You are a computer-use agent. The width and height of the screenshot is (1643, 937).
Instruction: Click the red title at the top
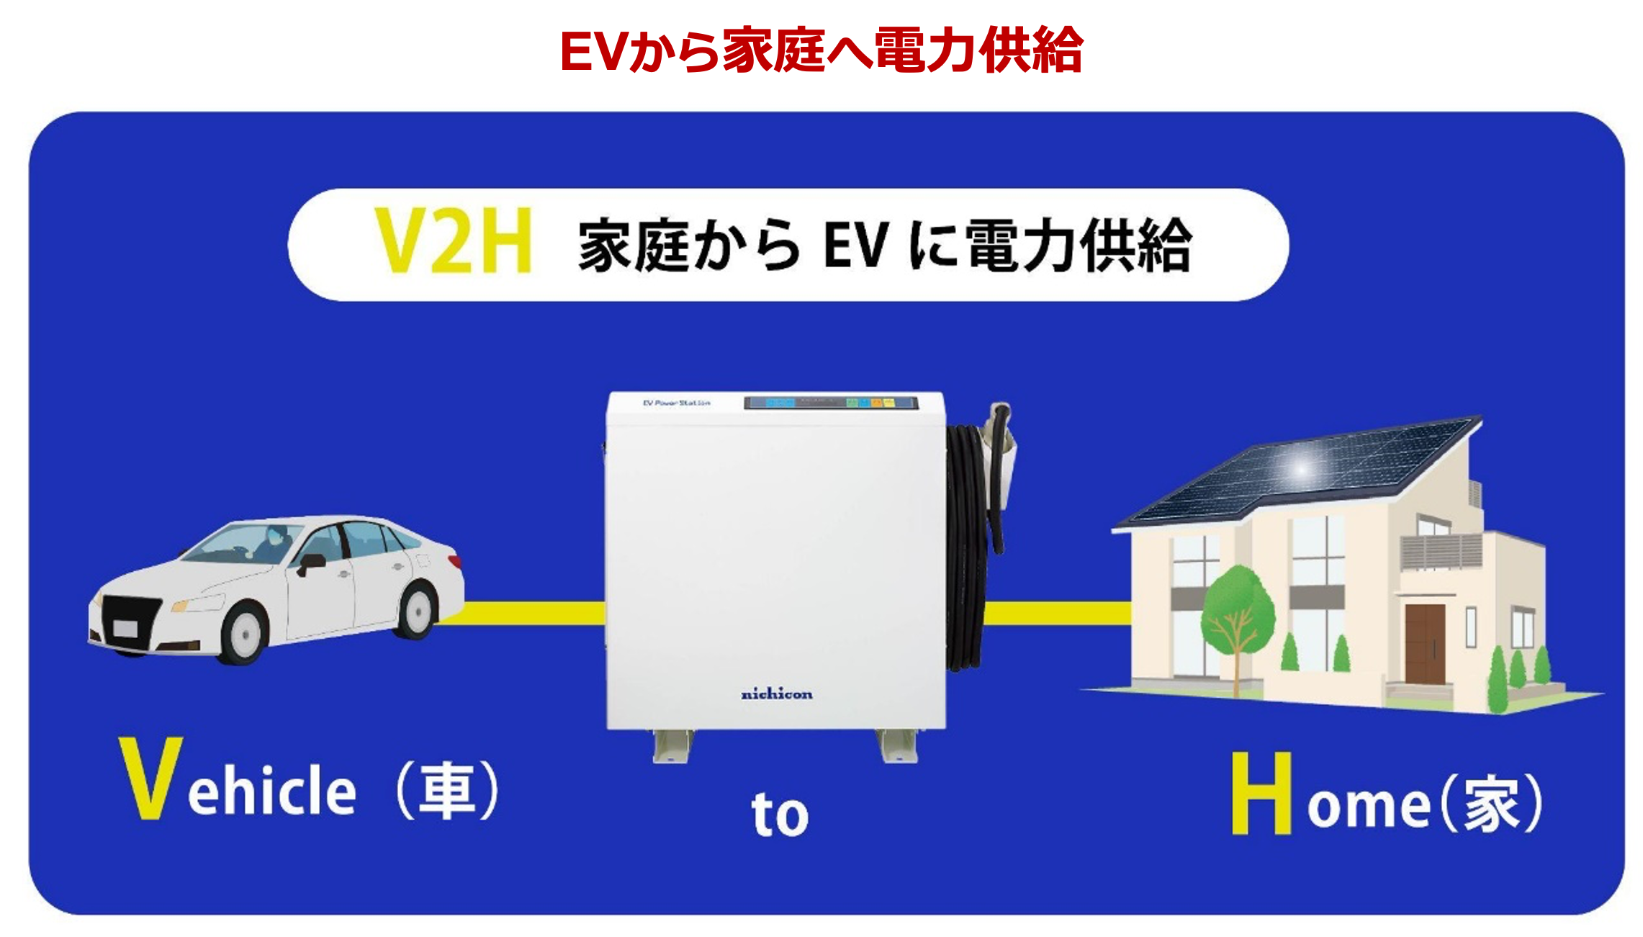821,50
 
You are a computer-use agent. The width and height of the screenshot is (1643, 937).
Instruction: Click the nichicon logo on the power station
777,694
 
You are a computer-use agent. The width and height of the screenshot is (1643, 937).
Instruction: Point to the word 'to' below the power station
780,815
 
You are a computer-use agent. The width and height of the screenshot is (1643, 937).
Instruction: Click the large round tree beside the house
1238,612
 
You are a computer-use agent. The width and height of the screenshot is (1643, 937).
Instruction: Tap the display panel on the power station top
831,403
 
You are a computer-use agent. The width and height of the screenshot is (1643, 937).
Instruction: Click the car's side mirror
310,562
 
